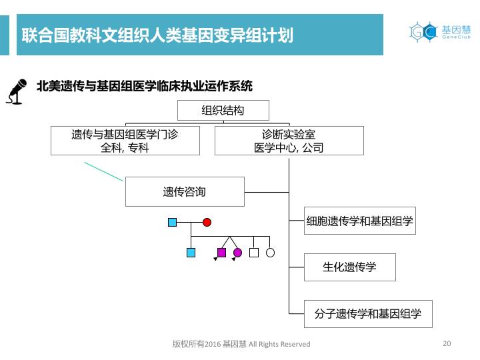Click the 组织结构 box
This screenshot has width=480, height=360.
click(223, 110)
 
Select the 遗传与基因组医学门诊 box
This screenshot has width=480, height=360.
click(125, 141)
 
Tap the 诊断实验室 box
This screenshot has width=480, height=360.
click(289, 141)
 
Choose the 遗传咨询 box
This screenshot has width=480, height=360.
click(185, 192)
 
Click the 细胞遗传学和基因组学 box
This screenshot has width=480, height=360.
click(359, 221)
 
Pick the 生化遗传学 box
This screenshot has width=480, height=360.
click(349, 267)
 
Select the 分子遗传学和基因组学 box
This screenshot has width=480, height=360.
click(367, 313)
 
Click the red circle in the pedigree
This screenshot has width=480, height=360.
click(207, 222)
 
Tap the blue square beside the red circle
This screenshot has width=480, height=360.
click(173, 222)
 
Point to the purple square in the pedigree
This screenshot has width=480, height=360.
click(221, 253)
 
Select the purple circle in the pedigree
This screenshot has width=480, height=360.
click(237, 253)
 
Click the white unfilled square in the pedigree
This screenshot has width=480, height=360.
click(253, 253)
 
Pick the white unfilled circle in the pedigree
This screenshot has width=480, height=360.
click(270, 253)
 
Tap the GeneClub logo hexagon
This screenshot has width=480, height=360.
click(422, 31)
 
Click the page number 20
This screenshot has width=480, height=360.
click(447, 343)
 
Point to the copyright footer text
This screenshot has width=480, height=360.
click(241, 344)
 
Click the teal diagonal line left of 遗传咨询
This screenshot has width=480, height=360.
click(104, 171)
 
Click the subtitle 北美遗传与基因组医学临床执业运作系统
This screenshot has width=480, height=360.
click(144, 86)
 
